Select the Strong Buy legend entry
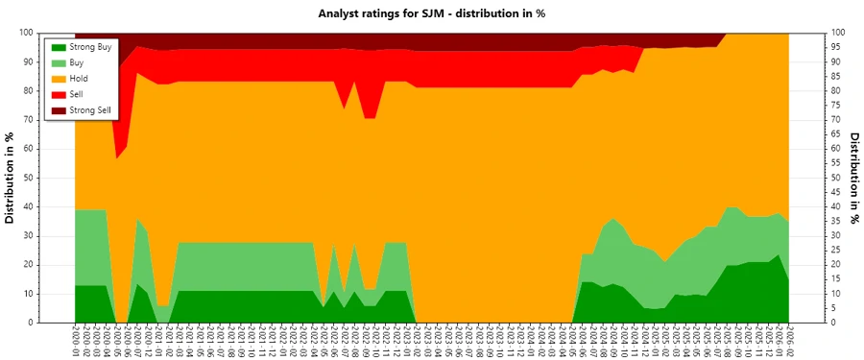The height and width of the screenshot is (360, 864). pos(90,46)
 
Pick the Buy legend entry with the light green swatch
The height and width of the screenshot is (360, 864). pos(78,62)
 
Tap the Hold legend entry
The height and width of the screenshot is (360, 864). pos(79,79)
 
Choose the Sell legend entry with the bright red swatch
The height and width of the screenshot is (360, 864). pos(78,95)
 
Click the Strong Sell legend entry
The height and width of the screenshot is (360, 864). pos(90,111)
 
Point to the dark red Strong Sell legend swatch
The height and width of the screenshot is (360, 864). pos(58,111)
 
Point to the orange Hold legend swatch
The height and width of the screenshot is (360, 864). pos(58,79)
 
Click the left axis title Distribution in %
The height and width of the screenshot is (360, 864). pos(11,178)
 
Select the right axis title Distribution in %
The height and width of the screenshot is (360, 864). pos(853,178)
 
